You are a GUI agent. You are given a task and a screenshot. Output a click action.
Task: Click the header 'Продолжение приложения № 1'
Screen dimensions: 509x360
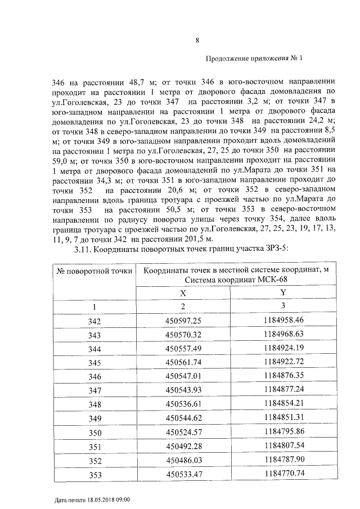tap(254, 58)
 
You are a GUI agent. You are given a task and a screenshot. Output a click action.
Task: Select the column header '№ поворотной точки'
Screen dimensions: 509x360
tap(94, 271)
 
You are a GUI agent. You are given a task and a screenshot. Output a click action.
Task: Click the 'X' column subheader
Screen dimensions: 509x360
tap(182, 292)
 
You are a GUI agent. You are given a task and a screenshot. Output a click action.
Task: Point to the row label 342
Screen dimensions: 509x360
tap(94, 321)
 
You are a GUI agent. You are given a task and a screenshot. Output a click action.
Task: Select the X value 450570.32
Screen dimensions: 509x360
tap(183, 335)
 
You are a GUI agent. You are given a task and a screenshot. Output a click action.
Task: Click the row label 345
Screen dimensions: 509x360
tap(94, 363)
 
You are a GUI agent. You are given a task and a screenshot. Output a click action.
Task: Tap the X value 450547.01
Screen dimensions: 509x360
tap(183, 376)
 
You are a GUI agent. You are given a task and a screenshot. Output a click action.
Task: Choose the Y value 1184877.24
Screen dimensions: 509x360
tap(283, 389)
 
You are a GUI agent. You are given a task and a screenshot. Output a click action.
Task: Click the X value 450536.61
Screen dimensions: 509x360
tap(183, 404)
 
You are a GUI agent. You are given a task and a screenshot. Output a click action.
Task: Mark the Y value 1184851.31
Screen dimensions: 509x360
tap(283, 417)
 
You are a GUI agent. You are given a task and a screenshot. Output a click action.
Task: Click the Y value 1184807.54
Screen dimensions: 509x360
tap(283, 445)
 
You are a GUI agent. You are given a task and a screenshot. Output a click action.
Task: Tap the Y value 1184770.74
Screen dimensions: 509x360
tap(283, 473)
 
